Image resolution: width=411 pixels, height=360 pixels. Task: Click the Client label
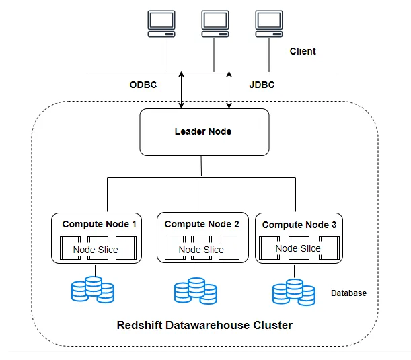tap(302, 51)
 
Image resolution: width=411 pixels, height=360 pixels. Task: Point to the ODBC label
tap(143, 85)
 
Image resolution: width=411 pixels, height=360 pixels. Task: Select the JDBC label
tap(261, 85)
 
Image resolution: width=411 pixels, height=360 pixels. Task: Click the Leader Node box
tap(203, 132)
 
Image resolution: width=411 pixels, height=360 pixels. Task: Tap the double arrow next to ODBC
tap(182, 90)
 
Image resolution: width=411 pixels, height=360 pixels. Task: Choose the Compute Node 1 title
tap(99, 224)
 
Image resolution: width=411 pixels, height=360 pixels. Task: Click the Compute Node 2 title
tap(201, 224)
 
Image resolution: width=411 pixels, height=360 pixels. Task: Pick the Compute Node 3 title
tap(299, 225)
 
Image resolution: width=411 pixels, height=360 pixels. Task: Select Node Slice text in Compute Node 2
tap(201, 250)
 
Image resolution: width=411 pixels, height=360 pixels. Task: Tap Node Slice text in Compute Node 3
tap(298, 248)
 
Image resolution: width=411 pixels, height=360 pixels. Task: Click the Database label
tap(348, 293)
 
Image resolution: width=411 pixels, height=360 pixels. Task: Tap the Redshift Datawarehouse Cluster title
tap(204, 325)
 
